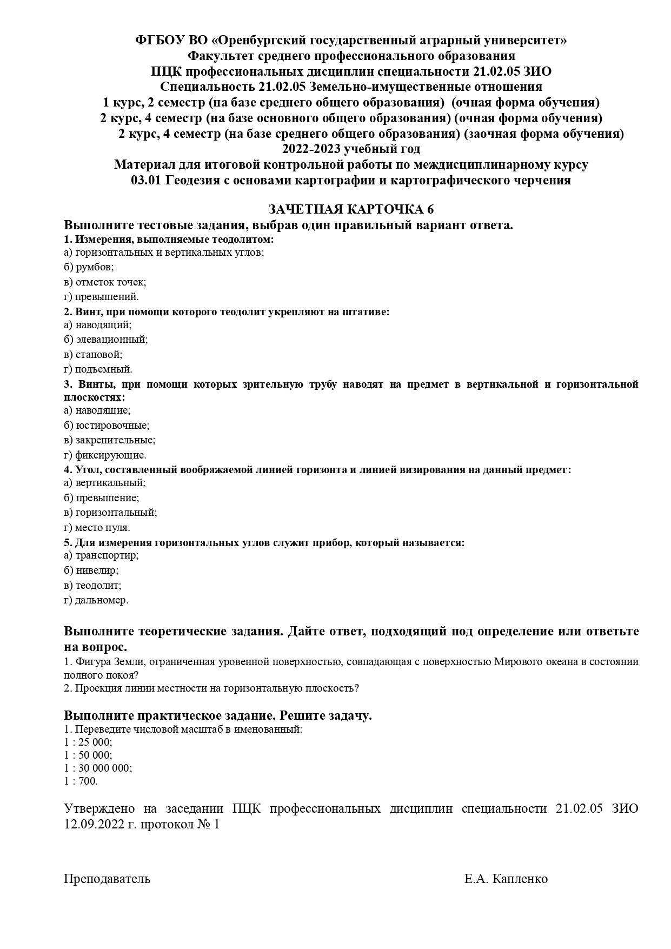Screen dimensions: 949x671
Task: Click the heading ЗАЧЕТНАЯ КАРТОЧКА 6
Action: (x=351, y=210)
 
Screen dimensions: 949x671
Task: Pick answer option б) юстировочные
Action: (x=107, y=426)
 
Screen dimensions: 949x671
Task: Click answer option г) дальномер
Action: (x=96, y=600)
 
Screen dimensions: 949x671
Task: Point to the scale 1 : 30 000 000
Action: (x=98, y=768)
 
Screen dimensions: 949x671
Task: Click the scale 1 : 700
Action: (x=81, y=781)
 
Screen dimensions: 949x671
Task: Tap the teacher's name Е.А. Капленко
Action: (x=506, y=879)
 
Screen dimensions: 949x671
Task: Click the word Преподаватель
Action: (x=107, y=879)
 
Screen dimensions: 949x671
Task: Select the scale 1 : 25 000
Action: (x=88, y=742)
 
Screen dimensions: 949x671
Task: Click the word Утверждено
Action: (x=100, y=808)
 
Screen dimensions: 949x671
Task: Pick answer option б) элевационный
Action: (x=105, y=340)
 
